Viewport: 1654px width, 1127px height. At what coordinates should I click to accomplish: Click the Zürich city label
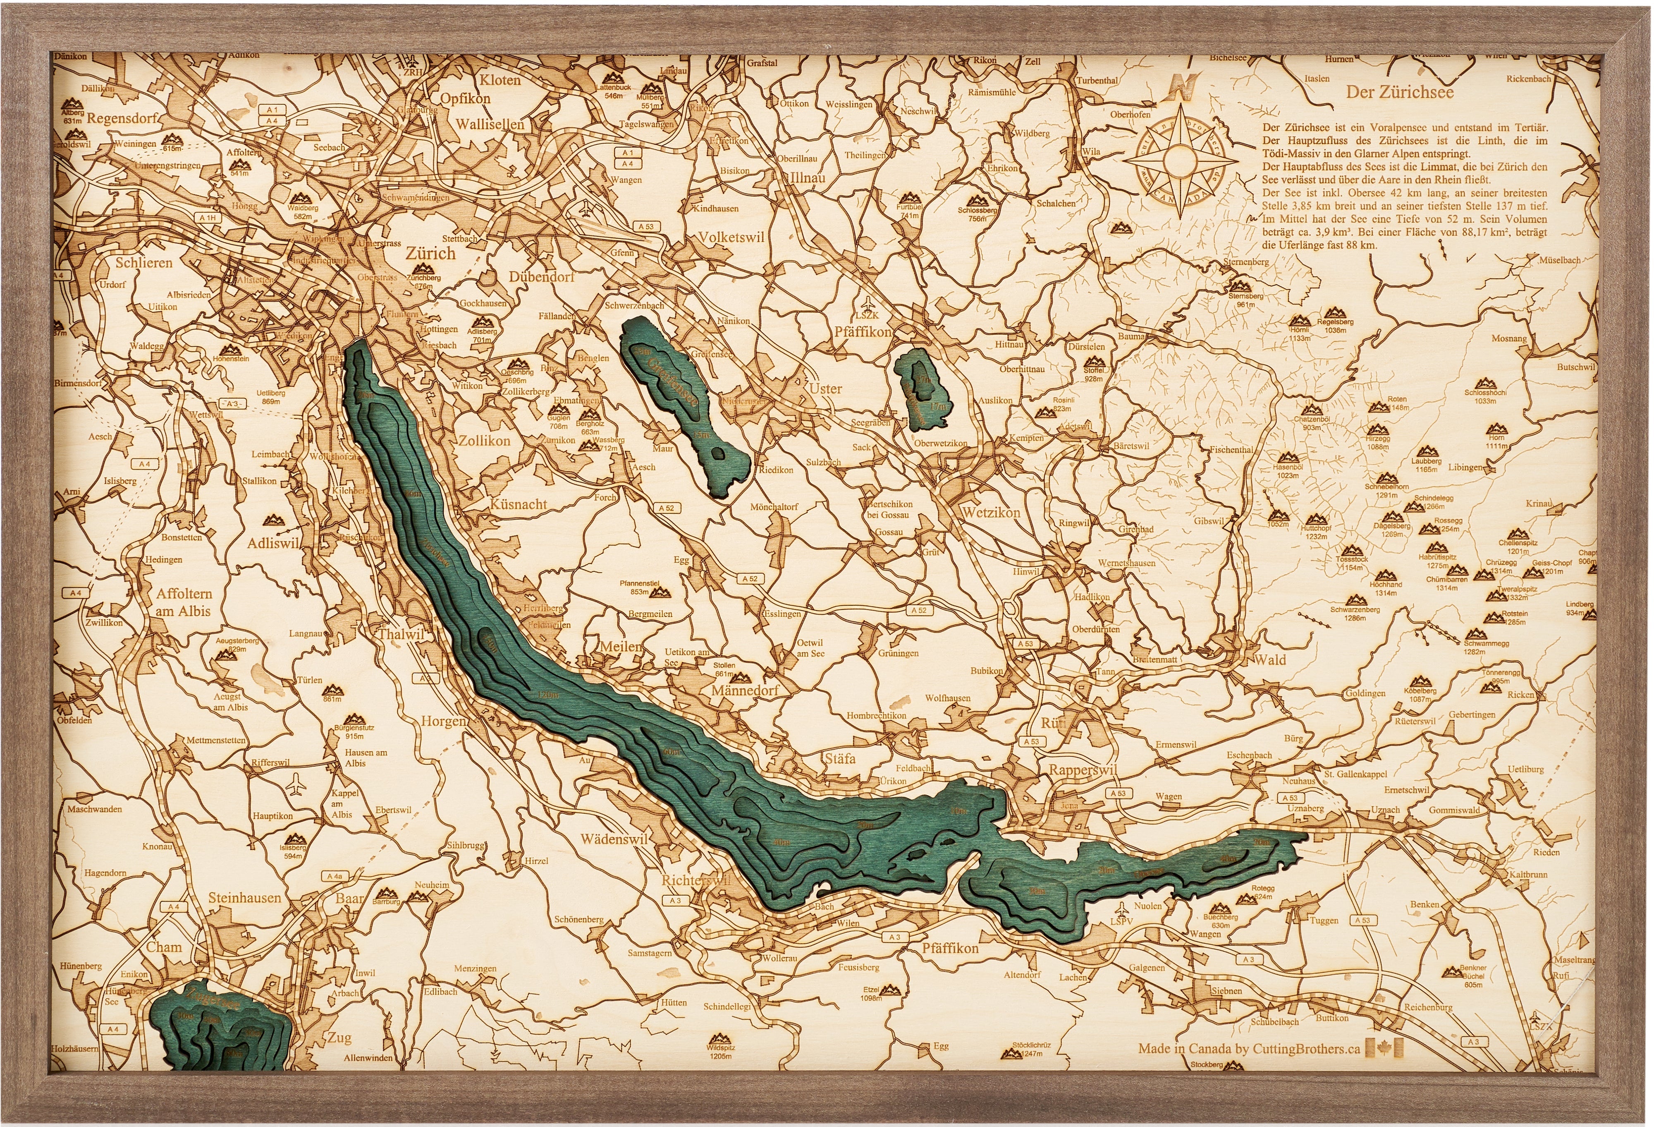[430, 254]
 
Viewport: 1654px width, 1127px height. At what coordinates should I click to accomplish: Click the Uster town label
[825, 389]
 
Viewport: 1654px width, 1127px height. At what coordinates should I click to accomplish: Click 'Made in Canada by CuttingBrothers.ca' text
[1248, 1048]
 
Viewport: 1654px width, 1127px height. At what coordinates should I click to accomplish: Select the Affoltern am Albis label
[184, 602]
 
